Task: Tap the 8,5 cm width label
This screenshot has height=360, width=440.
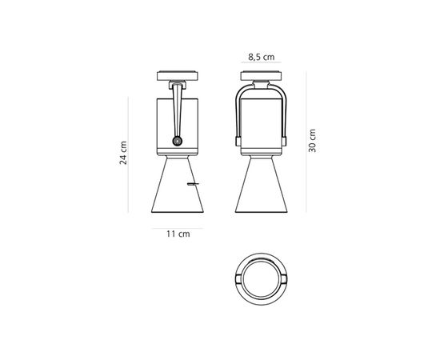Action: point(262,57)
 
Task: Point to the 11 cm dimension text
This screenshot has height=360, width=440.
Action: point(178,234)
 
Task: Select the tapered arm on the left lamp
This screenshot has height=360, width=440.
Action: point(177,112)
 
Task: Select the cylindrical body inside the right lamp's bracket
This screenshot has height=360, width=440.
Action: point(262,120)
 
